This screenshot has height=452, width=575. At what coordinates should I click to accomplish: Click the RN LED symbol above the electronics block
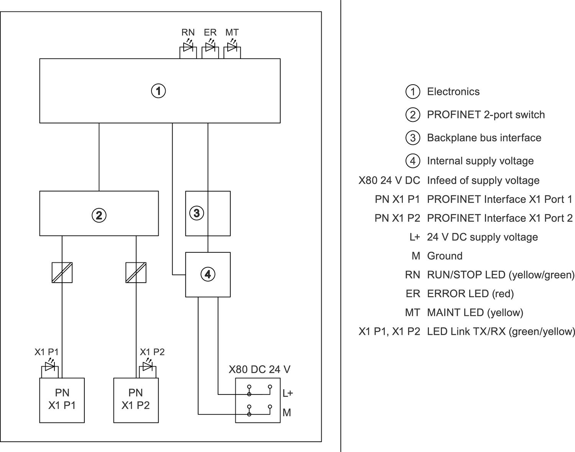188,47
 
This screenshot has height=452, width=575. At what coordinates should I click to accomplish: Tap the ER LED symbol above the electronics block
210,47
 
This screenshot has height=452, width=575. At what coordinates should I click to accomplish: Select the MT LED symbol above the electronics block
232,47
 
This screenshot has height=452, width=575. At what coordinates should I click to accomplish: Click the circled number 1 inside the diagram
158,91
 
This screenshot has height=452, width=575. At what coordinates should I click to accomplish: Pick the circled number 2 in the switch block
99,215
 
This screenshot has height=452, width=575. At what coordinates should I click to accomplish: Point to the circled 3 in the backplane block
197,213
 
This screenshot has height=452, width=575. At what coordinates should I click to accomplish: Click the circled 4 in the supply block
208,274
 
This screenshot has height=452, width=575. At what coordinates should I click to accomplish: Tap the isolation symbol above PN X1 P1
62,272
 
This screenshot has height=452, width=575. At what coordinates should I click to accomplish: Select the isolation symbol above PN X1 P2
136,272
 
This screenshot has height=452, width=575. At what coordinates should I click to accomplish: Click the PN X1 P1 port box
62,400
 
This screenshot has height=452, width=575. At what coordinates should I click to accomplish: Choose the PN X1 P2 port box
136,400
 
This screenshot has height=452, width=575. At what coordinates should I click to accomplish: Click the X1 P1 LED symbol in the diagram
50,367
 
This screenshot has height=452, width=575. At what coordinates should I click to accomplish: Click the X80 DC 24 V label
260,369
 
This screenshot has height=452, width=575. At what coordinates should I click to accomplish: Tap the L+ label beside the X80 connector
287,393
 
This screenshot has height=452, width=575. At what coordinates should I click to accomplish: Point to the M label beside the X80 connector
287,413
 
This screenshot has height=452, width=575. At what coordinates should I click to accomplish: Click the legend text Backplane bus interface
484,138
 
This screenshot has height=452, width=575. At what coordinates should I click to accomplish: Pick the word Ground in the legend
445,255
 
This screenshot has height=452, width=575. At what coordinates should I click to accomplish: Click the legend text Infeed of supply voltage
483,180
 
